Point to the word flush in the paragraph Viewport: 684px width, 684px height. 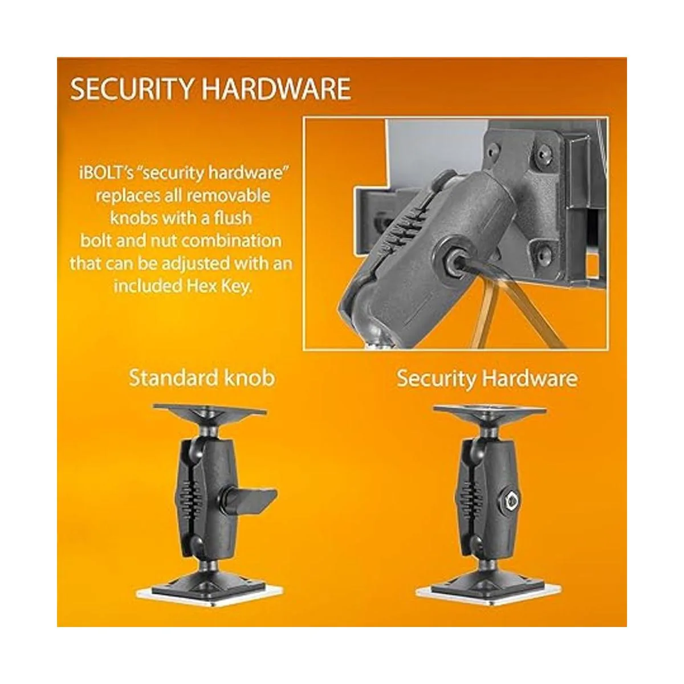pyautogui.click(x=233, y=218)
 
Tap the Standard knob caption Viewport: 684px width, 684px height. pyautogui.click(x=202, y=378)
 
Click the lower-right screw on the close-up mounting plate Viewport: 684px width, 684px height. pyautogui.click(x=543, y=253)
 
